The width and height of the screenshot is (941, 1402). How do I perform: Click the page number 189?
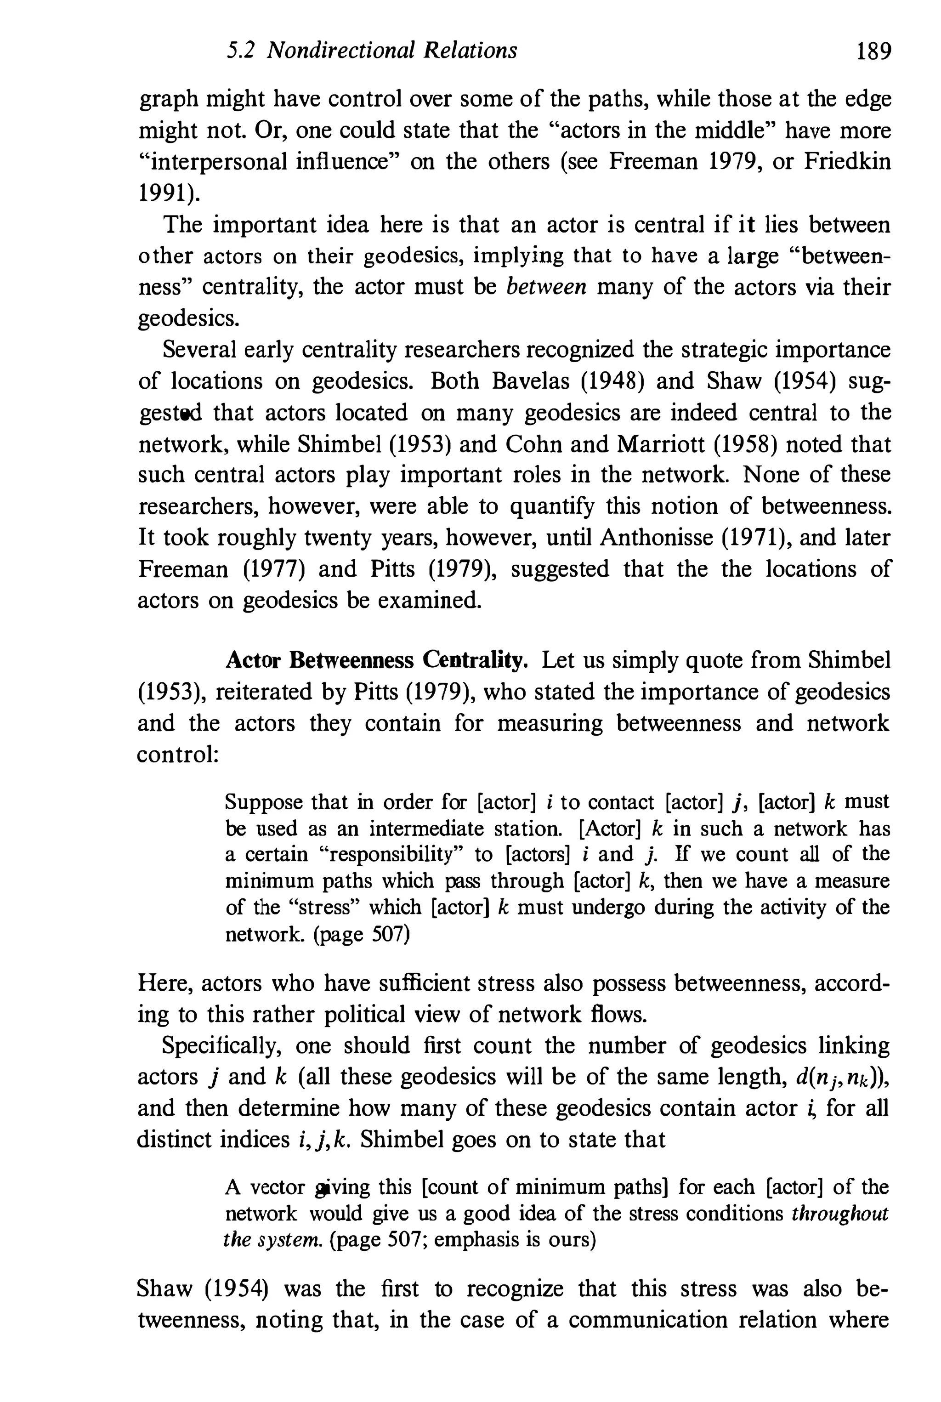click(874, 51)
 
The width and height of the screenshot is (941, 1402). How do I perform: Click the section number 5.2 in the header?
click(241, 51)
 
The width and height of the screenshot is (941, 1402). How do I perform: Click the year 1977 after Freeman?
click(273, 569)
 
